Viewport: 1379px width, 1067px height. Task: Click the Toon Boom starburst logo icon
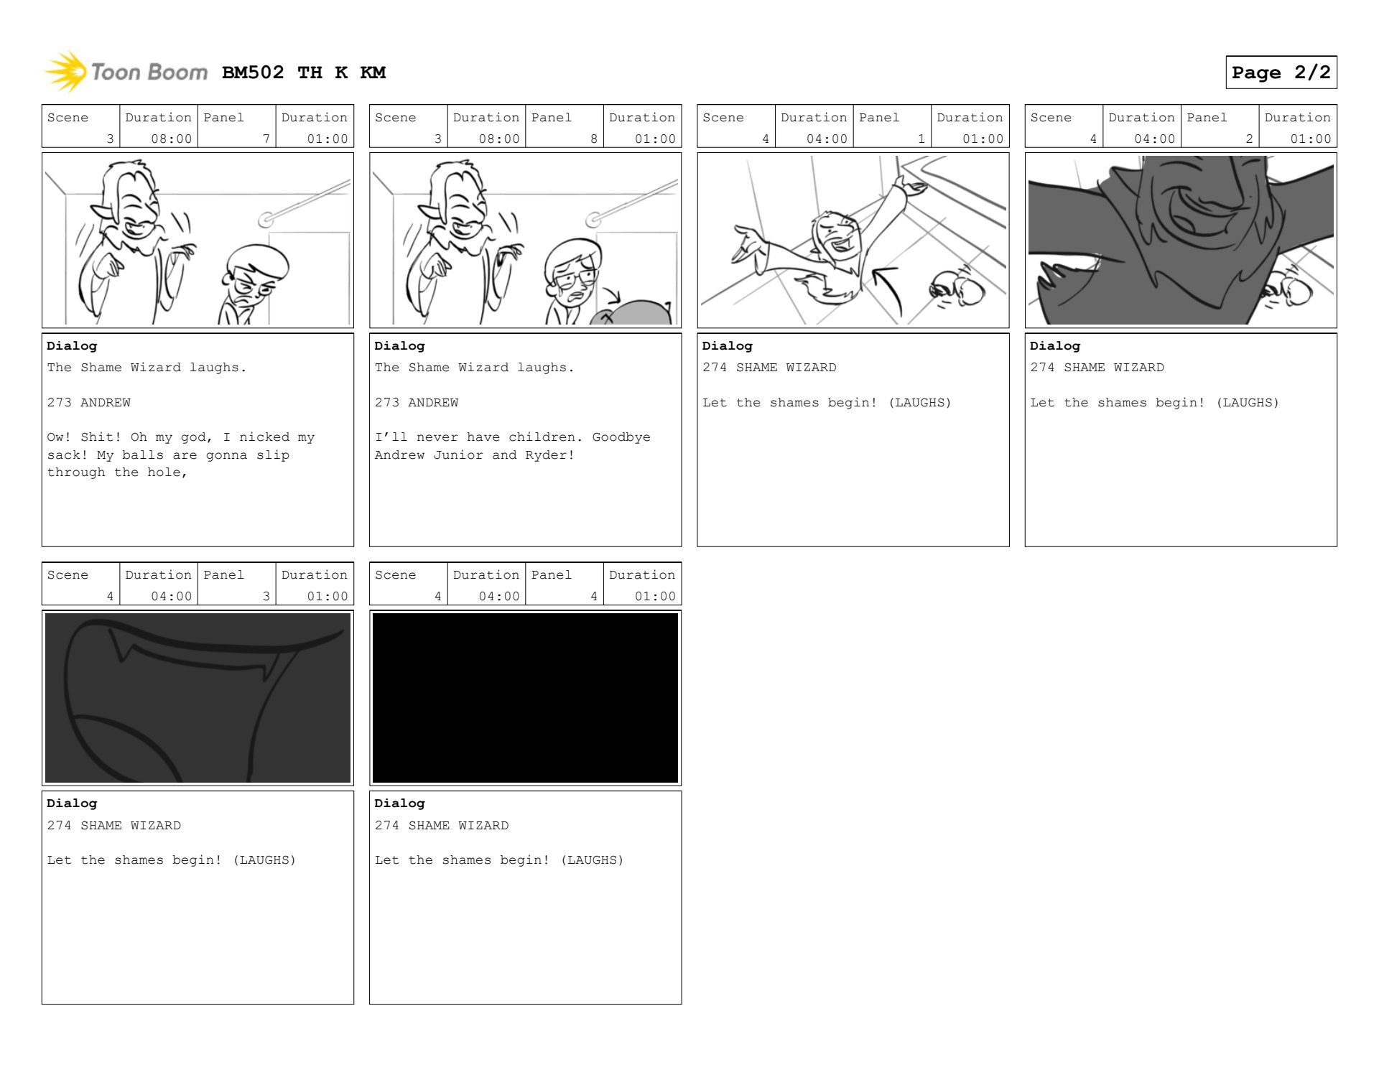pyautogui.click(x=65, y=72)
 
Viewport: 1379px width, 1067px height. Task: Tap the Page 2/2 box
pyautogui.click(x=1281, y=72)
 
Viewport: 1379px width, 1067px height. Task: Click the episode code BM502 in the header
pyautogui.click(x=253, y=73)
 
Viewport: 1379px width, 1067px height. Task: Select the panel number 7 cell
pyautogui.click(x=236, y=126)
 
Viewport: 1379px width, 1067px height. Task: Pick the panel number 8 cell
pyautogui.click(x=565, y=126)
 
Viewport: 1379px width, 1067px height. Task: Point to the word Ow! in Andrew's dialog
pyautogui.click(x=60, y=437)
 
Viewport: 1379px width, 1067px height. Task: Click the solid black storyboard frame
pyautogui.click(x=525, y=697)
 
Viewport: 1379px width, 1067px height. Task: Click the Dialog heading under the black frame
pyautogui.click(x=399, y=803)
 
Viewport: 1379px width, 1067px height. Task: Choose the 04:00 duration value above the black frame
pyautogui.click(x=499, y=596)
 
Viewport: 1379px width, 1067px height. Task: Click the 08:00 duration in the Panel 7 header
pyautogui.click(x=171, y=139)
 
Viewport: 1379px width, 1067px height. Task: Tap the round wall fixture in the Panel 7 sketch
pyautogui.click(x=266, y=218)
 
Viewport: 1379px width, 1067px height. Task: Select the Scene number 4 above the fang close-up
pyautogui.click(x=110, y=596)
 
